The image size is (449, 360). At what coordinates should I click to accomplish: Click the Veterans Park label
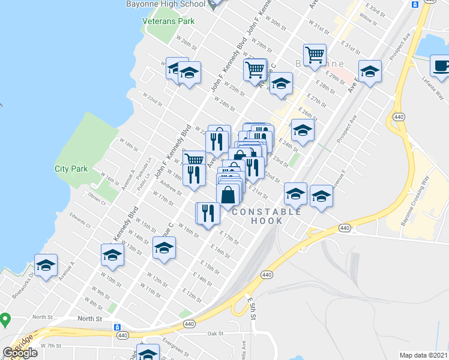pyautogui.click(x=169, y=21)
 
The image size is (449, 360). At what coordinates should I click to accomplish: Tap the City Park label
pyautogui.click(x=71, y=169)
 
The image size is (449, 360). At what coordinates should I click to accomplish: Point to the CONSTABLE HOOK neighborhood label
pyautogui.click(x=267, y=216)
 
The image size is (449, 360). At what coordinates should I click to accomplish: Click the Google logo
pyautogui.click(x=20, y=353)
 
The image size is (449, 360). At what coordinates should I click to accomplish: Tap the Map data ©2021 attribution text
pyautogui.click(x=424, y=355)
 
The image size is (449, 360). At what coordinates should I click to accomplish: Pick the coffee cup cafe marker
pyautogui.click(x=439, y=65)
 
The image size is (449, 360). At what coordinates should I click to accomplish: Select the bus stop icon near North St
pyautogui.click(x=118, y=328)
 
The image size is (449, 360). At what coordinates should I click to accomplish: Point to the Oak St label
pyautogui.click(x=215, y=334)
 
